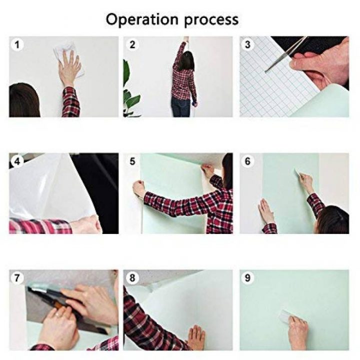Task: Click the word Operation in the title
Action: click(x=141, y=19)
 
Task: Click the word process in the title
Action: click(x=210, y=20)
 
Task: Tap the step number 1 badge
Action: click(x=17, y=44)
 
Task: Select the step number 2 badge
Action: click(x=132, y=44)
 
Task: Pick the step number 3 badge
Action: click(x=248, y=44)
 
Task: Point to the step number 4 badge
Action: click(x=17, y=161)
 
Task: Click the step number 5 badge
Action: click(x=132, y=161)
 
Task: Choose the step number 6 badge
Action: click(x=248, y=161)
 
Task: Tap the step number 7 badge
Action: click(x=17, y=278)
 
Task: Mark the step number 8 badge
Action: click(x=132, y=278)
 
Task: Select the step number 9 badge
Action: click(x=248, y=278)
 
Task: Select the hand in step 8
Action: click(x=195, y=337)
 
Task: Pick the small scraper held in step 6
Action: click(x=299, y=173)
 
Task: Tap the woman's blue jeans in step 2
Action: click(x=180, y=106)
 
